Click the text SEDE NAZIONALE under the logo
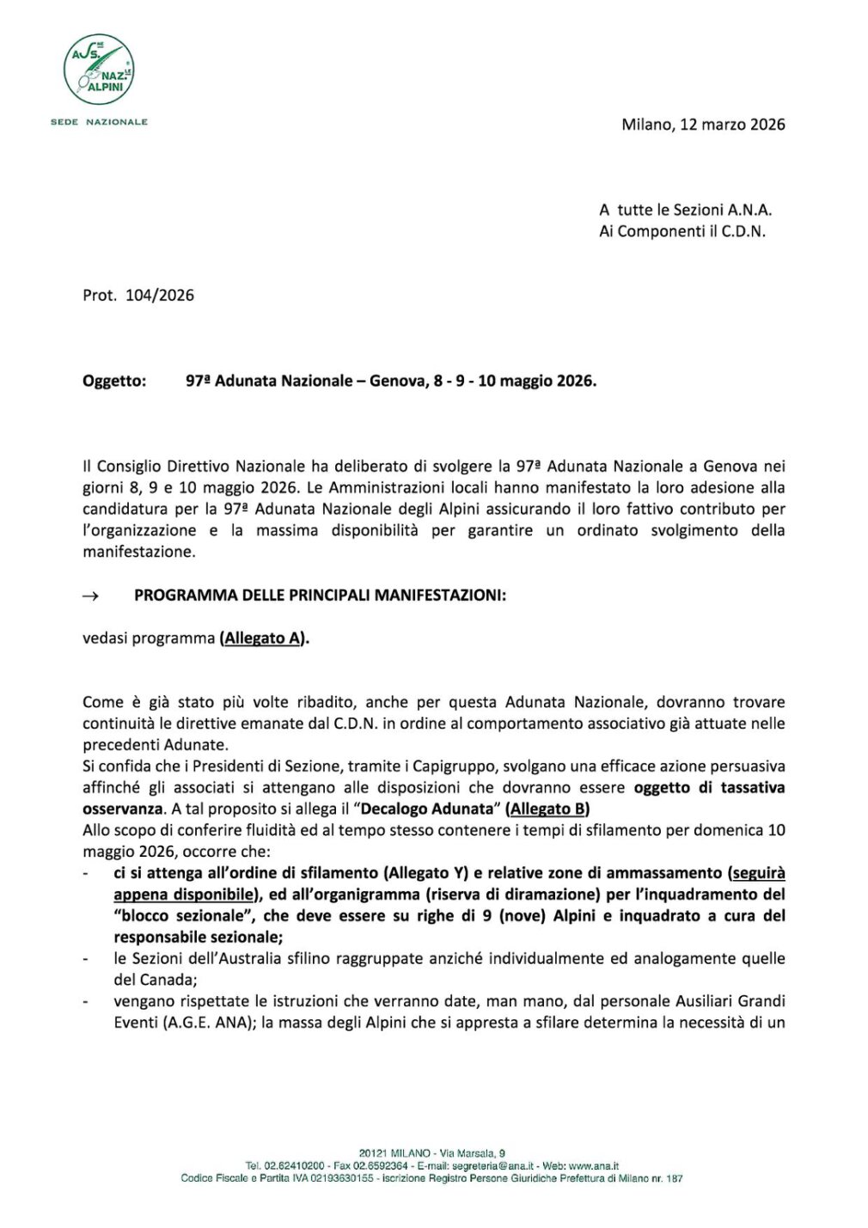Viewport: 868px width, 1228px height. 99,122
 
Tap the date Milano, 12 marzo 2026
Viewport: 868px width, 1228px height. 703,125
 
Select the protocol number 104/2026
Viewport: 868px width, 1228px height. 160,296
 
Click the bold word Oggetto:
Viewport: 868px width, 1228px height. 114,381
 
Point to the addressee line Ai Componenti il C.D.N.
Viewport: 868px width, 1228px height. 682,231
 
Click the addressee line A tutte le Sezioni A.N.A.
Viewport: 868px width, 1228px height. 685,210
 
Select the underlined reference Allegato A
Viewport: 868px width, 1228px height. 262,638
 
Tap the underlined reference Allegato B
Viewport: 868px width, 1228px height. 547,809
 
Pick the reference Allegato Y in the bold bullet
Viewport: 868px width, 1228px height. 426,873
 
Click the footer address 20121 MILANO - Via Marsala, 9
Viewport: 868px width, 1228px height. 431,1153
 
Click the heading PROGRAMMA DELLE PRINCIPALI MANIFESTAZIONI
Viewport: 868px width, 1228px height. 320,596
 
